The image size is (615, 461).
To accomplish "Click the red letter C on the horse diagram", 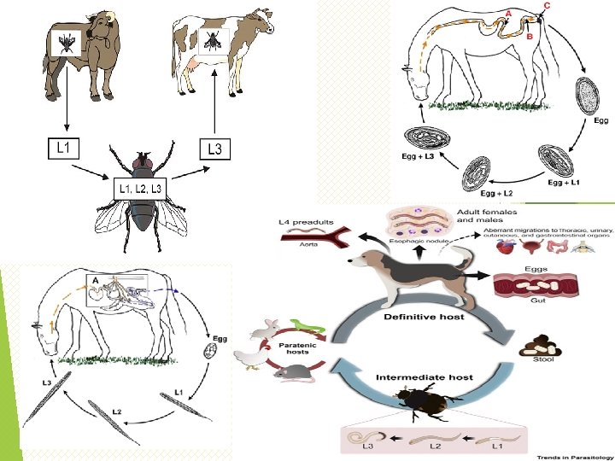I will click(547, 4).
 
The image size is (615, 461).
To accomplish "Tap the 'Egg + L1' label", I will click(567, 182).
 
